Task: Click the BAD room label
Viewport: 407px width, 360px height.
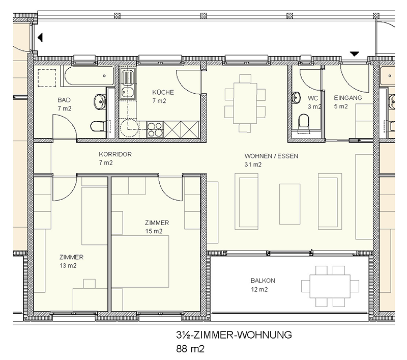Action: [x=64, y=100]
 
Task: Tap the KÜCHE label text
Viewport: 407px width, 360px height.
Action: [x=163, y=92]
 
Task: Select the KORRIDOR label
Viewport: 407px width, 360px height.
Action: [x=115, y=154]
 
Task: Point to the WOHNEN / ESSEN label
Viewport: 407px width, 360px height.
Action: [x=271, y=156]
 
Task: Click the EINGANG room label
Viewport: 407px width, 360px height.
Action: [x=348, y=98]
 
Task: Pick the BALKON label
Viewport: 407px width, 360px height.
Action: [x=263, y=281]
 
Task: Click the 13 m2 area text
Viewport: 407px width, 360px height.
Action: [x=68, y=266]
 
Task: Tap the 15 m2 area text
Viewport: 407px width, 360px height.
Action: [x=154, y=231]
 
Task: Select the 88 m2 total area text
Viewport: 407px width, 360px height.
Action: [x=190, y=349]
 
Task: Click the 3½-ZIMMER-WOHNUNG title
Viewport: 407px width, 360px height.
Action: [x=234, y=335]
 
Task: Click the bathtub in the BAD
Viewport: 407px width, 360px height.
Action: [x=89, y=76]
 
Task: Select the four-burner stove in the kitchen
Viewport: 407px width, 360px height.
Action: [x=155, y=130]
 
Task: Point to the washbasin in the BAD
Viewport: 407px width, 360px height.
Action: [x=100, y=101]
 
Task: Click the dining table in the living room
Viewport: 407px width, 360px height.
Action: [x=245, y=103]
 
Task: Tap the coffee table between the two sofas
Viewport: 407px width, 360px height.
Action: [x=289, y=204]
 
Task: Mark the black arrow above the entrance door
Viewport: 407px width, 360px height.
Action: [x=355, y=54]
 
